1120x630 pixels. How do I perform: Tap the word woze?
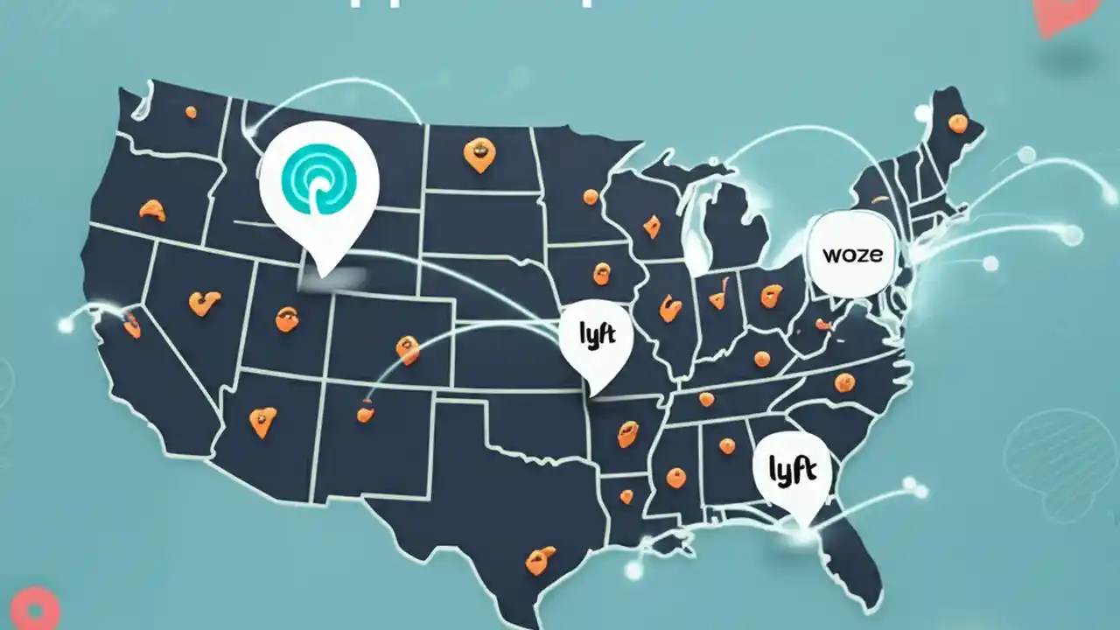pos(852,255)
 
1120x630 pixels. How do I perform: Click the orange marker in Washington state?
pos(191,111)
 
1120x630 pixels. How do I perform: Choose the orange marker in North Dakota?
pos(479,154)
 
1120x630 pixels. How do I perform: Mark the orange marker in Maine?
pos(957,122)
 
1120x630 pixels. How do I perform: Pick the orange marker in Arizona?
pos(262,421)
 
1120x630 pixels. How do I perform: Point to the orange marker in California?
pos(131,323)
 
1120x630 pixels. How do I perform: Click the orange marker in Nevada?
pos(204,303)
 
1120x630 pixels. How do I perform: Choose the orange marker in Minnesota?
pos(590,197)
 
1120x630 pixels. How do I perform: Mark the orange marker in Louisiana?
pos(626,496)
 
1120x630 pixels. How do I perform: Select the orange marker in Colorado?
pos(407,349)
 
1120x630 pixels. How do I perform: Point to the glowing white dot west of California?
pos(66,325)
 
